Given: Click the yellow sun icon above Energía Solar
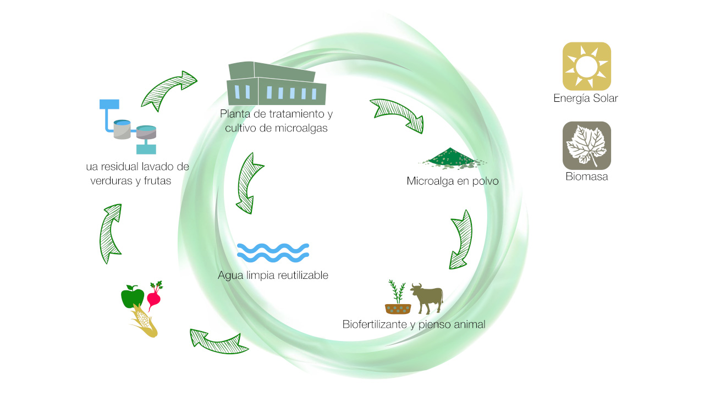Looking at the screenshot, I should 586,66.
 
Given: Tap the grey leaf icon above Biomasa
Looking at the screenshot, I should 586,146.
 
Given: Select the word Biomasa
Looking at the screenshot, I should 586,177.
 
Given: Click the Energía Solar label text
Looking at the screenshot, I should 586,98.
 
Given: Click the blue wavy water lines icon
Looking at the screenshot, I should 273,251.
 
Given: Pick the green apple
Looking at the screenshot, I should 133,298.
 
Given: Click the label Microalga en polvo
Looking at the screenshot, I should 453,181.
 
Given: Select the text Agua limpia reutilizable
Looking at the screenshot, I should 273,275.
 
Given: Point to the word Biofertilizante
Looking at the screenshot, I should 375,324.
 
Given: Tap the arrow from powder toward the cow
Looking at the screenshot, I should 461,239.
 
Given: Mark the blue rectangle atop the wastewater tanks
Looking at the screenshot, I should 109,103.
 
